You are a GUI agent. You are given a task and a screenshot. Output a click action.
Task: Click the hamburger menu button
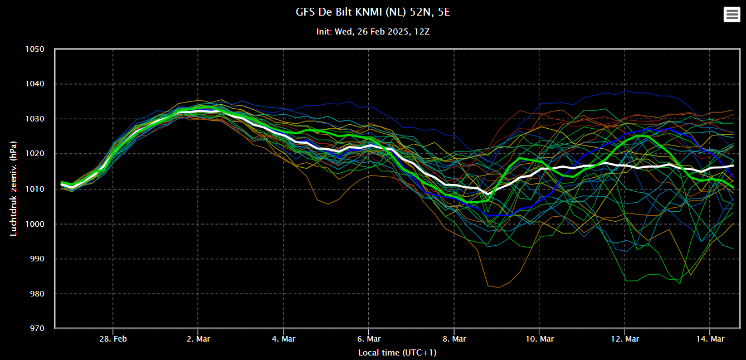[x=732, y=14]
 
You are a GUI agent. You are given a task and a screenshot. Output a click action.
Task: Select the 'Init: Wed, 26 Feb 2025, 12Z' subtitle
[x=373, y=32]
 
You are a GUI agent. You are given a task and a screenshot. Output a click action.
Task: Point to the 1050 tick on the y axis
[x=35, y=49]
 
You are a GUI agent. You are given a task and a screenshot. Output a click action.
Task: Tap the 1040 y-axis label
[x=35, y=84]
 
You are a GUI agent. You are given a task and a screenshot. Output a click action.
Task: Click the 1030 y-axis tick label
[x=35, y=119]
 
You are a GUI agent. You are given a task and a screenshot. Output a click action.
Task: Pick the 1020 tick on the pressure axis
[x=35, y=154]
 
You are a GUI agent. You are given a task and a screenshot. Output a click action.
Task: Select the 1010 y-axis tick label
[x=35, y=189]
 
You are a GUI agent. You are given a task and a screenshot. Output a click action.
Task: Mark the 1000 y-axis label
[x=35, y=224]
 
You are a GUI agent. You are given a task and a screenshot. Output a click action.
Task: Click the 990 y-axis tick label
[x=37, y=259]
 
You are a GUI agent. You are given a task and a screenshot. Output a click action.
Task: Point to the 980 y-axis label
[x=37, y=294]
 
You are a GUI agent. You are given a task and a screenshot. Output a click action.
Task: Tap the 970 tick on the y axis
[x=37, y=328]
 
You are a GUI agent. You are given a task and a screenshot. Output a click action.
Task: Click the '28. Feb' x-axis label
[x=113, y=339]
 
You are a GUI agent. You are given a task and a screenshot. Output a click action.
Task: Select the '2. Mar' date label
[x=198, y=339]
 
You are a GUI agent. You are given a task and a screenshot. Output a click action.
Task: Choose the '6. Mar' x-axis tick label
[x=369, y=339]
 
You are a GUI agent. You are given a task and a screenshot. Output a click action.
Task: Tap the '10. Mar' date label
[x=539, y=339]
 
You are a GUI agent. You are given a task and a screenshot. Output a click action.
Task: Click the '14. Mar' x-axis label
[x=710, y=339]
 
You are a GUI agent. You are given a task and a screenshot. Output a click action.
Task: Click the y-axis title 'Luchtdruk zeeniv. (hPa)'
[x=13, y=189]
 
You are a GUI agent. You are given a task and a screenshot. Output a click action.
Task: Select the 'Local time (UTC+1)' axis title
[x=397, y=353]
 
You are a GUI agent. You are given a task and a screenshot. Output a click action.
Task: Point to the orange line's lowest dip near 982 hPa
[x=499, y=287]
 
